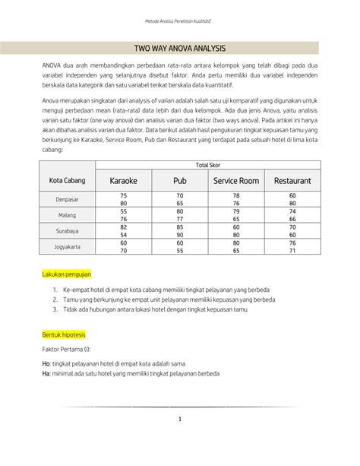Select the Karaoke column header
tap(123, 182)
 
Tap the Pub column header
tap(179, 182)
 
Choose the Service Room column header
tap(235, 182)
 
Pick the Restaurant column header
tap(292, 182)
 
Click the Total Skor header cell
tap(207, 165)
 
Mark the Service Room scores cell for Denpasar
tap(235, 199)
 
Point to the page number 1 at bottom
tap(180, 419)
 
